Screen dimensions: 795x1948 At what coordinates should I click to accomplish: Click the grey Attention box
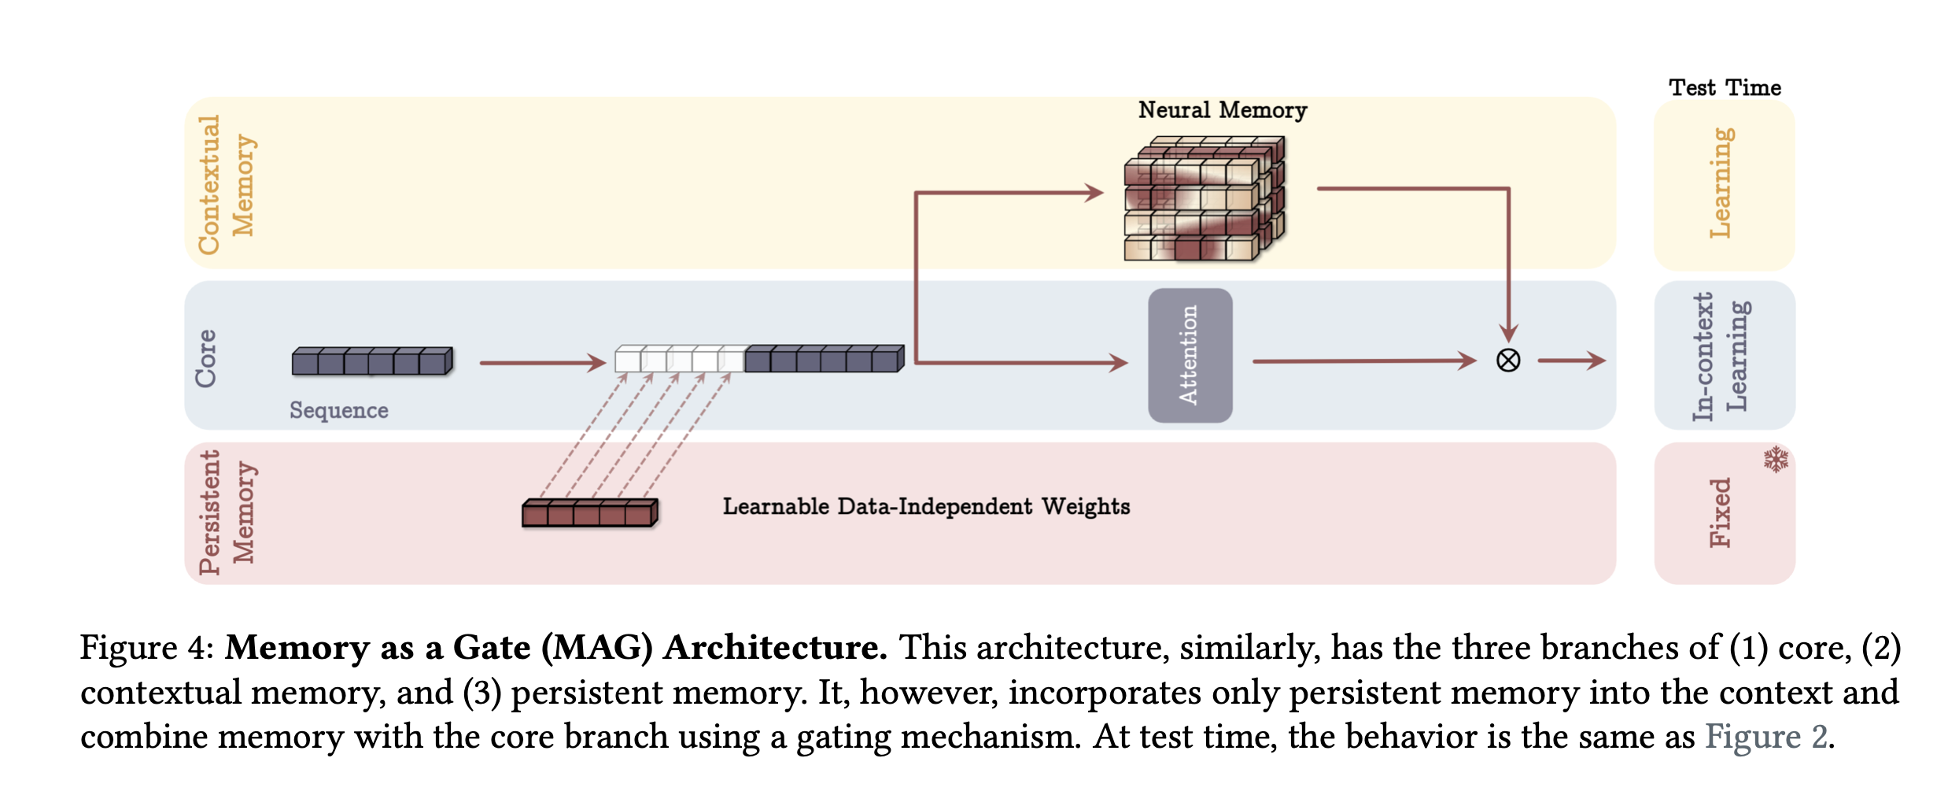click(x=1190, y=355)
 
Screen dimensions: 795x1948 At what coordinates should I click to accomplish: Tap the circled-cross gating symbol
click(x=1507, y=361)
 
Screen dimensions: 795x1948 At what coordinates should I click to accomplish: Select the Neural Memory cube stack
click(x=1204, y=198)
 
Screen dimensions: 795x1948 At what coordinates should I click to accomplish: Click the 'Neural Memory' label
click(x=1222, y=110)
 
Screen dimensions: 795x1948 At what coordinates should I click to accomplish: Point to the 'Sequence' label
click(x=338, y=410)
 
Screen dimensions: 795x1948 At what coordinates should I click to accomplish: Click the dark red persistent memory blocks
click(x=589, y=512)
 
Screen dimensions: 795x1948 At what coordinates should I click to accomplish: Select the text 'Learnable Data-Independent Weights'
click(x=926, y=506)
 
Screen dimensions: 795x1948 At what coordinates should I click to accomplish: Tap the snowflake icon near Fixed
click(x=1776, y=459)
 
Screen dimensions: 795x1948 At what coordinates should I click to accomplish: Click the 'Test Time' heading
click(x=1725, y=87)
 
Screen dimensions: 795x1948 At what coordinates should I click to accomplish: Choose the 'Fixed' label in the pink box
click(x=1721, y=512)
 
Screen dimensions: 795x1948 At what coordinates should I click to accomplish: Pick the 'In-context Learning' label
click(x=1721, y=356)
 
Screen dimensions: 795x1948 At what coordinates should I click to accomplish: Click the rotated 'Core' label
click(x=206, y=358)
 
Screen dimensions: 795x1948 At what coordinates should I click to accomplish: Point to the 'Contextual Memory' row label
click(x=226, y=185)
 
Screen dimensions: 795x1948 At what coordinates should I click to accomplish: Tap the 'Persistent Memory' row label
click(x=227, y=512)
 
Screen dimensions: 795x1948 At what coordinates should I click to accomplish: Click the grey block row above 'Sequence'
click(x=372, y=361)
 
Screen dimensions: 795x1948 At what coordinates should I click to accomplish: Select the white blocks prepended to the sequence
click(x=679, y=359)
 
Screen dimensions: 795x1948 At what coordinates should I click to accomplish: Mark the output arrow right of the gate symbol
click(x=1570, y=361)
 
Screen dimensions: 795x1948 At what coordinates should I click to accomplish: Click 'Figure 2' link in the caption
click(x=1767, y=737)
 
